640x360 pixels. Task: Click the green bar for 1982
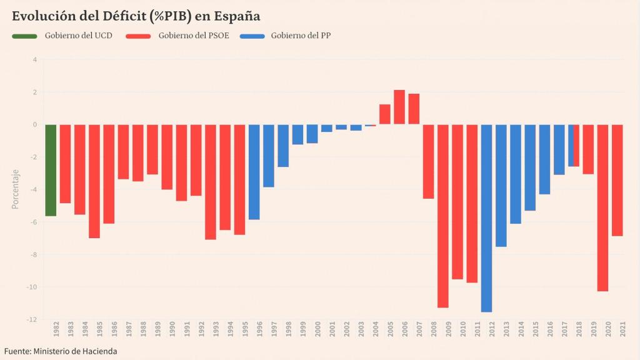[51, 170]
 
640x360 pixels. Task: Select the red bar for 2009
[442, 216]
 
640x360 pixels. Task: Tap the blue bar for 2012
[486, 217]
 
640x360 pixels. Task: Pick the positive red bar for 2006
[399, 107]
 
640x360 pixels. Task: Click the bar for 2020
[602, 207]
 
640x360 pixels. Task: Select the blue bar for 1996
[254, 172]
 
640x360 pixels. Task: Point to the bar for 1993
[211, 181]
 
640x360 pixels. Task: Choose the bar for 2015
[530, 167]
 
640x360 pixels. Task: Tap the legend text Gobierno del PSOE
[193, 36]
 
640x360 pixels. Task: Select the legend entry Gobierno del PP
[301, 36]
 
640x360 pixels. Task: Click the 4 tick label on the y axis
[35, 60]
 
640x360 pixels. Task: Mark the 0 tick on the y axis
[35, 124]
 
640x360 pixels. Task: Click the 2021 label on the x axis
[622, 331]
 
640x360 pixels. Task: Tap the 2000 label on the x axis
[317, 331]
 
